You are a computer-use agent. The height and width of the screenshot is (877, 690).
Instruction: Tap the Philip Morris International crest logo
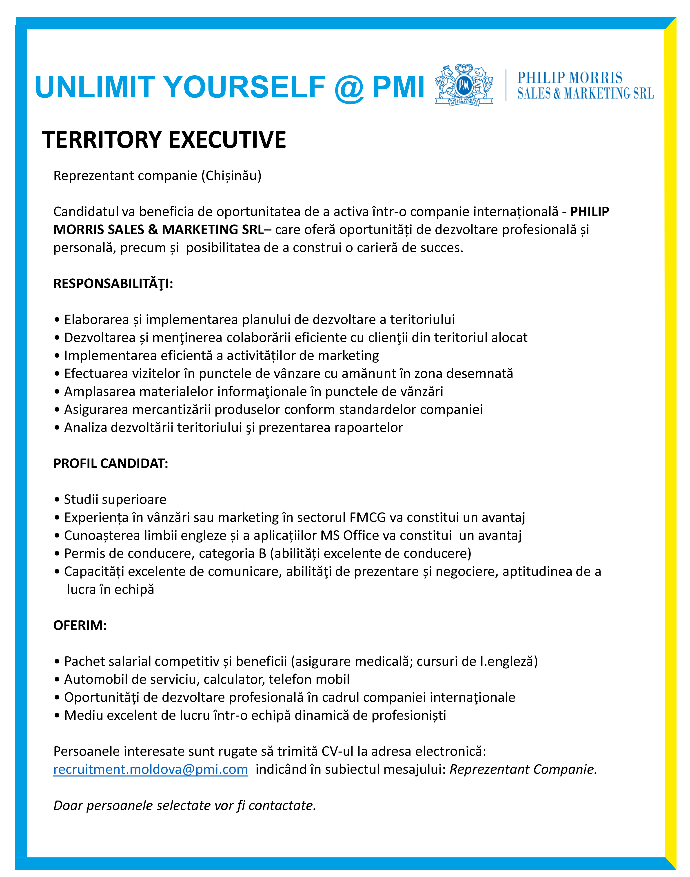coord(464,85)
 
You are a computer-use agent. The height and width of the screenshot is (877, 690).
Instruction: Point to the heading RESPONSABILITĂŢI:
coord(113,284)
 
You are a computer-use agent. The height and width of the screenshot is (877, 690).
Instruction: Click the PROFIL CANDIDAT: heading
coord(111,463)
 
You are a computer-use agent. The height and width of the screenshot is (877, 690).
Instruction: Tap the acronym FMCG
coord(368,518)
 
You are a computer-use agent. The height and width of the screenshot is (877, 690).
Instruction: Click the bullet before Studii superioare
coord(57,500)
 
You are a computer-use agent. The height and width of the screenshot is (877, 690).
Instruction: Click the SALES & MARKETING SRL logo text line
coord(585,94)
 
